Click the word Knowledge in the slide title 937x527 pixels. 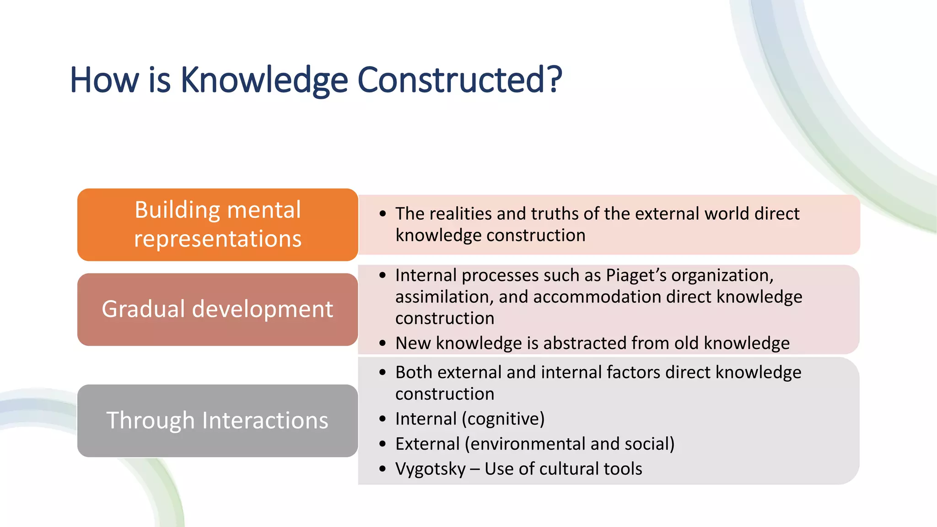pos(264,80)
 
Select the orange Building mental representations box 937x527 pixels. pos(217,225)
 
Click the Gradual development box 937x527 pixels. pos(217,309)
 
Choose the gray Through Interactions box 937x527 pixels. pos(217,420)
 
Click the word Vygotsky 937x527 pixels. pos(430,469)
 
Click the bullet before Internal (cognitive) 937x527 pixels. pos(382,419)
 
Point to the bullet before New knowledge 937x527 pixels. pos(382,343)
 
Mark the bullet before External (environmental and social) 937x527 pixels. pos(382,444)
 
